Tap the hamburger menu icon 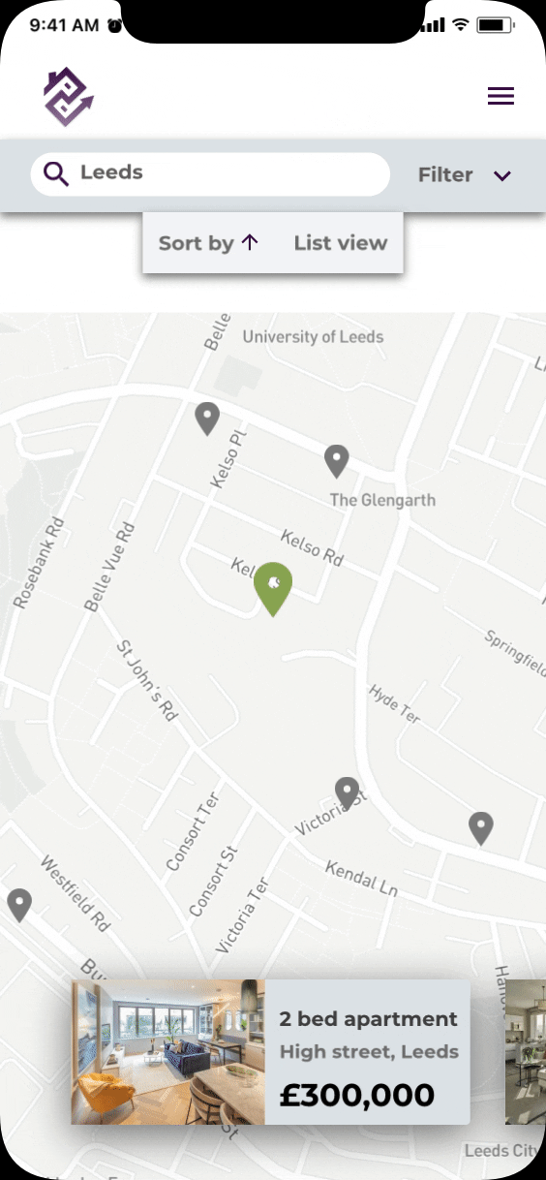500,97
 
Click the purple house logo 68,97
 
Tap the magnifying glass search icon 57,174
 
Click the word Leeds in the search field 111,173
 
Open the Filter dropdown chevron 501,175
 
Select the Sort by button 208,243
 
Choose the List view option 340,243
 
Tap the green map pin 273,585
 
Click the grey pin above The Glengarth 336,460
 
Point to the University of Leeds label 313,337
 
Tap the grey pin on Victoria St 347,792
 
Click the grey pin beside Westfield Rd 19,904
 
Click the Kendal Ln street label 362,878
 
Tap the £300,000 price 357,1096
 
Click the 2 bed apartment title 368,1019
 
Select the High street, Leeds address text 369,1052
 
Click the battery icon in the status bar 495,25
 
